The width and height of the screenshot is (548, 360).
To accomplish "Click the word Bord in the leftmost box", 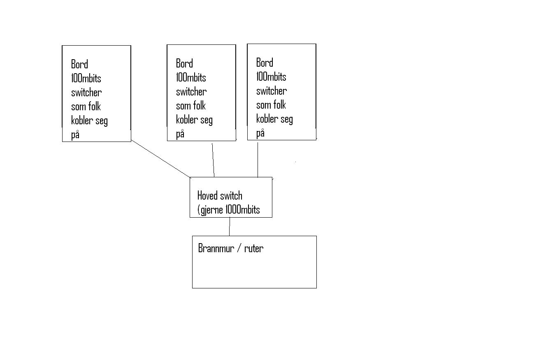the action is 79,64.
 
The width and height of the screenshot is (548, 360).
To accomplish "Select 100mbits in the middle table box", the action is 191,78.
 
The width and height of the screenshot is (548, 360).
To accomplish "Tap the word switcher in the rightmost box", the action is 272,91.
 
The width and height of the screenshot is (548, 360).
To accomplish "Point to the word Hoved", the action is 207,195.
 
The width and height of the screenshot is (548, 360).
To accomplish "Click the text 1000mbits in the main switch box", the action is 242,210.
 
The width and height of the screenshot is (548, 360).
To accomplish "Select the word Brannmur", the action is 216,249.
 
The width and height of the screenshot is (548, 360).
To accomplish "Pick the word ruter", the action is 254,249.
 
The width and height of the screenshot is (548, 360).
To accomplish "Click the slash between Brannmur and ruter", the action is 239,249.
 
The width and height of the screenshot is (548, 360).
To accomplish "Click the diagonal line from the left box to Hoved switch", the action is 160,158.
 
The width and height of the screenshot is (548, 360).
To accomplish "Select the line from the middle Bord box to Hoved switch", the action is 213,160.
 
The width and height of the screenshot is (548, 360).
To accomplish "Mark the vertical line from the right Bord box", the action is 258,160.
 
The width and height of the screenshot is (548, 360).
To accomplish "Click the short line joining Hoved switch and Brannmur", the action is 230,227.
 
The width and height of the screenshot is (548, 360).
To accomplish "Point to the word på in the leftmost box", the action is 75,135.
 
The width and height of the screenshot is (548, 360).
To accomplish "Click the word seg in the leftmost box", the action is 102,121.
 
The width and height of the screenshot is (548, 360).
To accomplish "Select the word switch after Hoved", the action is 231,195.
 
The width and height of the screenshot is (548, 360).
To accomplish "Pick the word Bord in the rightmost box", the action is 265,63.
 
